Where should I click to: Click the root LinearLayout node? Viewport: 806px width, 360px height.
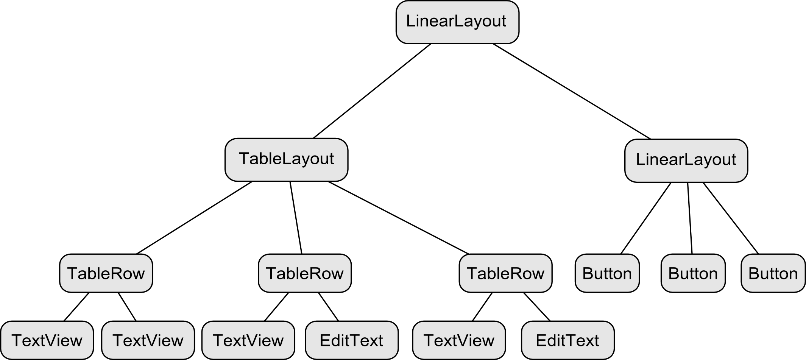point(457,22)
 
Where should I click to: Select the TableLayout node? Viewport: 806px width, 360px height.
point(286,159)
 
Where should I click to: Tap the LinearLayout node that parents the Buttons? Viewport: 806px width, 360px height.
point(686,160)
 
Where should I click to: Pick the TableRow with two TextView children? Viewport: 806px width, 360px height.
point(106,273)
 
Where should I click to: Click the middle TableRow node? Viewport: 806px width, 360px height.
point(305,273)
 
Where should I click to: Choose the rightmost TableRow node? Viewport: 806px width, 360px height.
point(505,273)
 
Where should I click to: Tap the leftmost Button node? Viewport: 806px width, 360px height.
point(607,273)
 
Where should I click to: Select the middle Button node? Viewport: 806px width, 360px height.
point(693,273)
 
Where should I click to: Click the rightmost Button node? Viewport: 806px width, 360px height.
point(773,273)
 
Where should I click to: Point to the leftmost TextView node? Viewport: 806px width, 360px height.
point(47,340)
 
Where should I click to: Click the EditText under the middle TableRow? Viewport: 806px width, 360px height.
point(352,340)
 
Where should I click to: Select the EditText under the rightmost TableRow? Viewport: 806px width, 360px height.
point(567,340)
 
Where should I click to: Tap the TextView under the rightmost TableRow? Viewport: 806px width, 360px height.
point(459,340)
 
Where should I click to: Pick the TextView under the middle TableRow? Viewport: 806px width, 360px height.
point(248,340)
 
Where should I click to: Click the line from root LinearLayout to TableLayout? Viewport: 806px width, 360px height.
point(372,91)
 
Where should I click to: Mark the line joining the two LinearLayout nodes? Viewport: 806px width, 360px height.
point(572,91)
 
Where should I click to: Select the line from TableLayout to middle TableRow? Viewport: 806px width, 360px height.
point(296,218)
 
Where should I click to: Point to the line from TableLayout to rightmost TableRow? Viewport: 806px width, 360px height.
point(398,218)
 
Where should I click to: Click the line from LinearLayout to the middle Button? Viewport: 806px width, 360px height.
point(690,218)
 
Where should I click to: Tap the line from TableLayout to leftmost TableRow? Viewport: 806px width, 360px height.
point(195,218)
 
